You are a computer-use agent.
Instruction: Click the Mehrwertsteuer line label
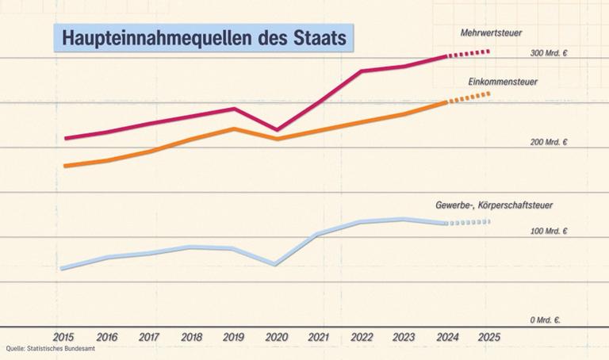point(490,33)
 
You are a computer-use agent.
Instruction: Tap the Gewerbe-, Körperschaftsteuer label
point(493,205)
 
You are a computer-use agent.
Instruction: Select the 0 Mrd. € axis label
point(545,320)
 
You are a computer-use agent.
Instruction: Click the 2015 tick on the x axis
point(65,337)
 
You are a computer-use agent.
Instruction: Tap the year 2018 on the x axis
point(192,337)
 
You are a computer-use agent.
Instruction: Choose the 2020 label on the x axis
point(277,337)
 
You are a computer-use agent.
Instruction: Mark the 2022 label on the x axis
point(362,337)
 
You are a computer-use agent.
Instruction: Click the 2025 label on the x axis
point(489,337)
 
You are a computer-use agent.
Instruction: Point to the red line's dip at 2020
point(277,129)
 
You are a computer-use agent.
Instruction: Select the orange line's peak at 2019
point(234,128)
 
